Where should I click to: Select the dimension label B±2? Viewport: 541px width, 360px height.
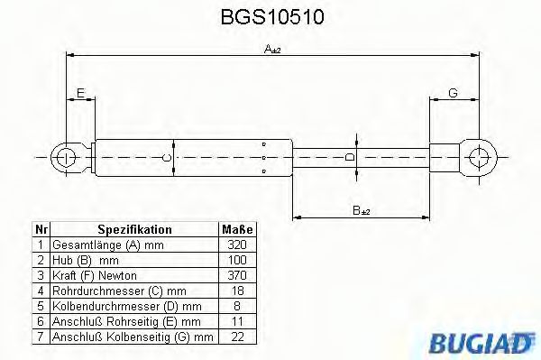(361, 210)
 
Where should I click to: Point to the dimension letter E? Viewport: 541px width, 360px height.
(80, 94)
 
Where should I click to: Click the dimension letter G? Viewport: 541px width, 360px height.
(452, 94)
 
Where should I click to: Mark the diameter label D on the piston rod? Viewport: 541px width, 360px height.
(351, 157)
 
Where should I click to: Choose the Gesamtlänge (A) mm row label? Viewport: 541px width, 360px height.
(97, 244)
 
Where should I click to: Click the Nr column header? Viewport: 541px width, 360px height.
(41, 230)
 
